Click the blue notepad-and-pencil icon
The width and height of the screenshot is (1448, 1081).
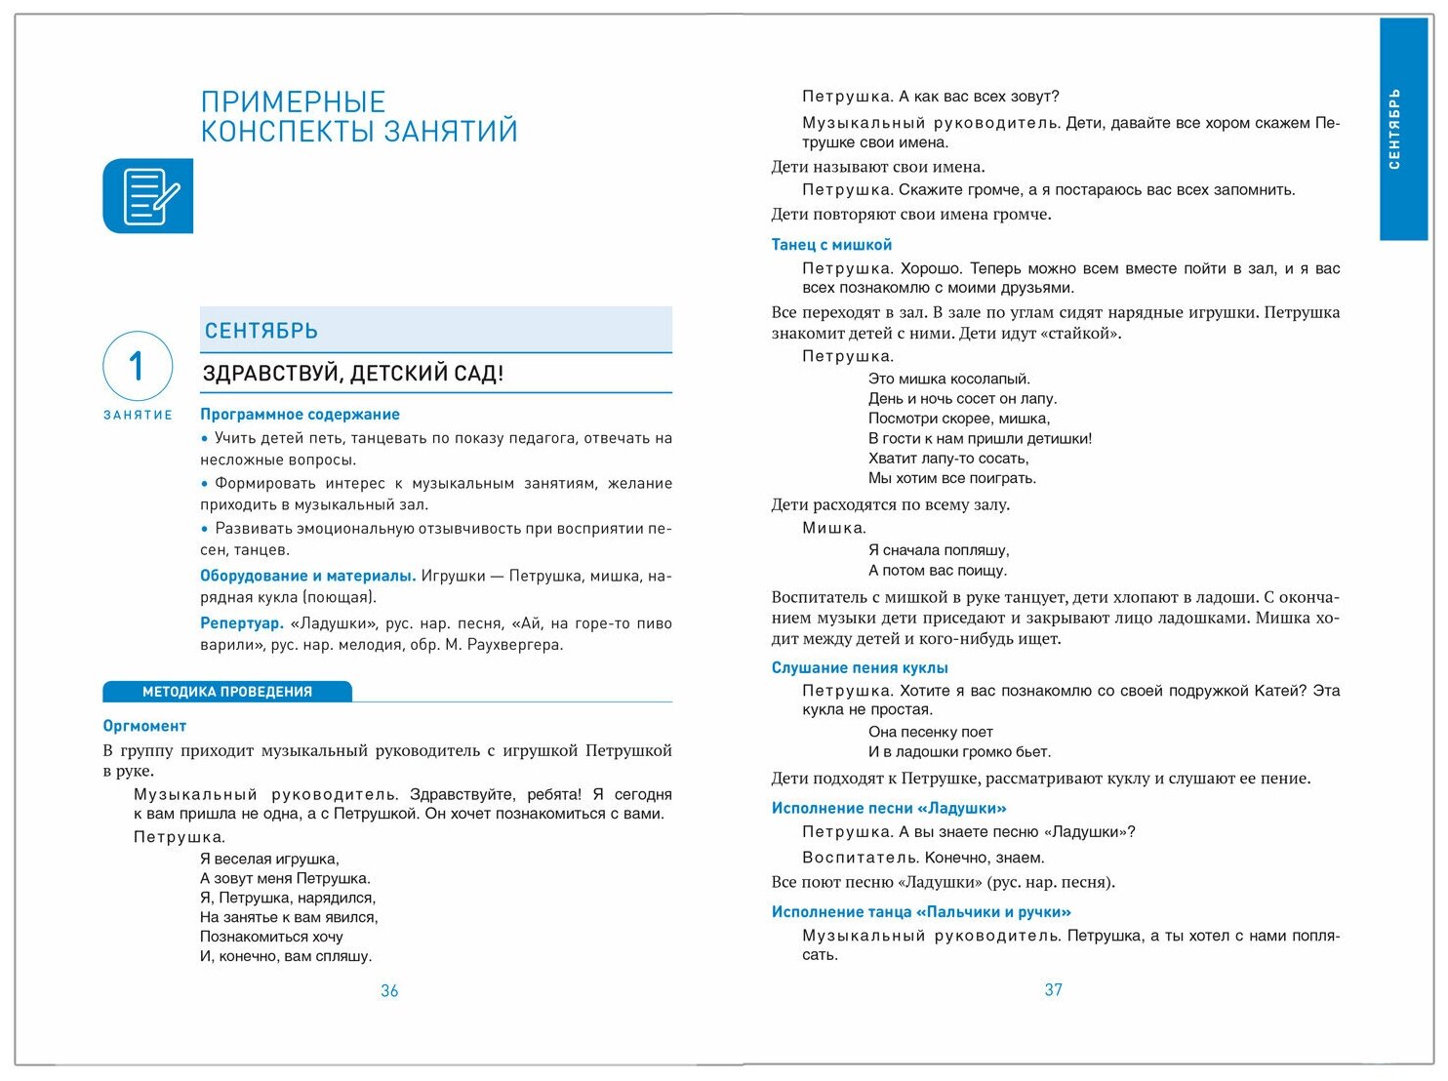tap(148, 196)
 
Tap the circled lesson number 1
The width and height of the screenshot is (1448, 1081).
tap(138, 366)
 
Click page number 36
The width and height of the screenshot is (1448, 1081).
tap(389, 991)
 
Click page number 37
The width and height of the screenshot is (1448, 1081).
tap(1053, 990)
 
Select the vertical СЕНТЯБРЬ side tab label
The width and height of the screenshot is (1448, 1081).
tap(1395, 129)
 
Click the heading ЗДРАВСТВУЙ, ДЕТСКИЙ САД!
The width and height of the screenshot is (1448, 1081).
tap(353, 374)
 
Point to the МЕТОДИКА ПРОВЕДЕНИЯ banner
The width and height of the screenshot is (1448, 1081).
tap(227, 692)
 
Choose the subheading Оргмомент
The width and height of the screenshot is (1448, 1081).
tap(144, 726)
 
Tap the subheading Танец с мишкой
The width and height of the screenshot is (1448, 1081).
tap(831, 245)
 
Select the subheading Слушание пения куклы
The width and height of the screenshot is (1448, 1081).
tap(860, 668)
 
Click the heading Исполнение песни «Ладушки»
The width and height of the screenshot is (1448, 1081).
tap(889, 808)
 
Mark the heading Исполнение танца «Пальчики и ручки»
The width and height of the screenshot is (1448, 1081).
tap(921, 912)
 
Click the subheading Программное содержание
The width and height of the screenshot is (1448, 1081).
tap(300, 415)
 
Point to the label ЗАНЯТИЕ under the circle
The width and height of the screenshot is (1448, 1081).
tap(138, 415)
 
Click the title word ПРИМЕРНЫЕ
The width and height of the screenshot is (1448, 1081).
tap(293, 102)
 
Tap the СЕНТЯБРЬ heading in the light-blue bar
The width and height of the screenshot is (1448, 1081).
tap(261, 331)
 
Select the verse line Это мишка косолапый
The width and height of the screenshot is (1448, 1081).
tap(948, 379)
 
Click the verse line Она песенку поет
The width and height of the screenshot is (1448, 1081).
tap(930, 732)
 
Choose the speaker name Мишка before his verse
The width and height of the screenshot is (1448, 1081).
tap(833, 529)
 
